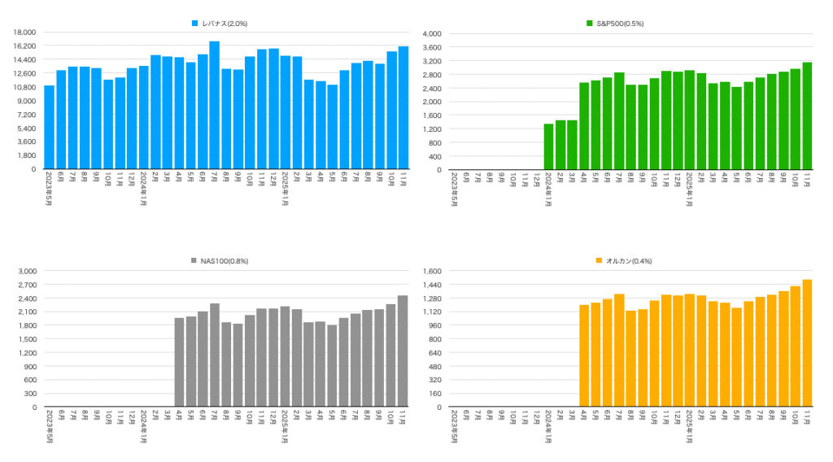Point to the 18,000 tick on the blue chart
point(24,33)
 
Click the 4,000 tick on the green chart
point(430,33)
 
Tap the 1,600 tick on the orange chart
point(430,271)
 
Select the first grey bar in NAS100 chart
point(179,362)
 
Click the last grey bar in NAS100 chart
point(403,351)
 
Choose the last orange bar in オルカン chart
point(807,343)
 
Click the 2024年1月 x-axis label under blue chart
point(143,190)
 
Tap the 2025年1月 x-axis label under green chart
point(689,190)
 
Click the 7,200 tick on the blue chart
point(26,115)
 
